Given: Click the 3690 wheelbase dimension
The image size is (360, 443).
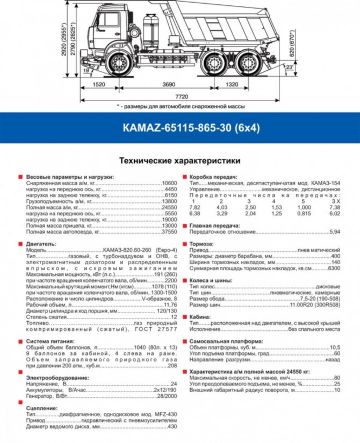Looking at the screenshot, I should [169, 84].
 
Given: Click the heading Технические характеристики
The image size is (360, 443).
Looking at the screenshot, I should [179, 161].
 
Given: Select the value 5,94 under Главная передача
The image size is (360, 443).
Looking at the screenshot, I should [335, 232].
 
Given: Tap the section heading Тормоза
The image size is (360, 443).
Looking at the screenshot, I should [201, 244].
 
